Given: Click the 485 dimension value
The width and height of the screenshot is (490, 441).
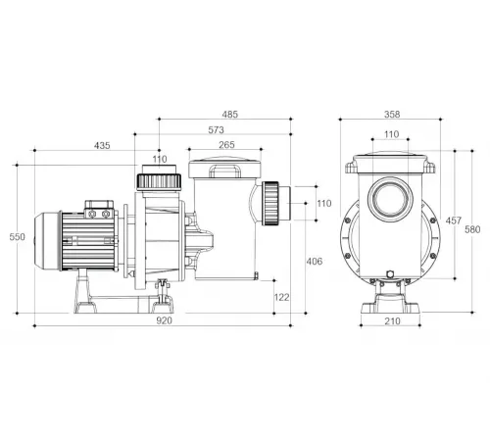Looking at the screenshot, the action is coord(230,115).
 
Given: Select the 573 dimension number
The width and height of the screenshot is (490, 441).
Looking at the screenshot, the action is coord(216,130).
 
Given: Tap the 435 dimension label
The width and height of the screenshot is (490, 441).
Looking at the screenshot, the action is coord(102,146).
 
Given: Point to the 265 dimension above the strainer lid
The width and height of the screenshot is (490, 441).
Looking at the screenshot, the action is coord(226,145).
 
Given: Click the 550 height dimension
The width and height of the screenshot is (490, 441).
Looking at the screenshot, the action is coord(17,237).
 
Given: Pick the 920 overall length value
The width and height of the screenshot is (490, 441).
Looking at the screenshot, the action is coord(164,320).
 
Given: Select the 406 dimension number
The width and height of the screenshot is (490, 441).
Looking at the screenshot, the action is coord(315,262).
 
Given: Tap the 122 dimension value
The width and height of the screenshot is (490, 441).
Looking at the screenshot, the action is coord(281,297).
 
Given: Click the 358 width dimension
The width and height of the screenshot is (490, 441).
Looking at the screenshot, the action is coord(392,115).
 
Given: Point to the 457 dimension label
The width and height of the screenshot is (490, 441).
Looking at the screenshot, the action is coord(454,220).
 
